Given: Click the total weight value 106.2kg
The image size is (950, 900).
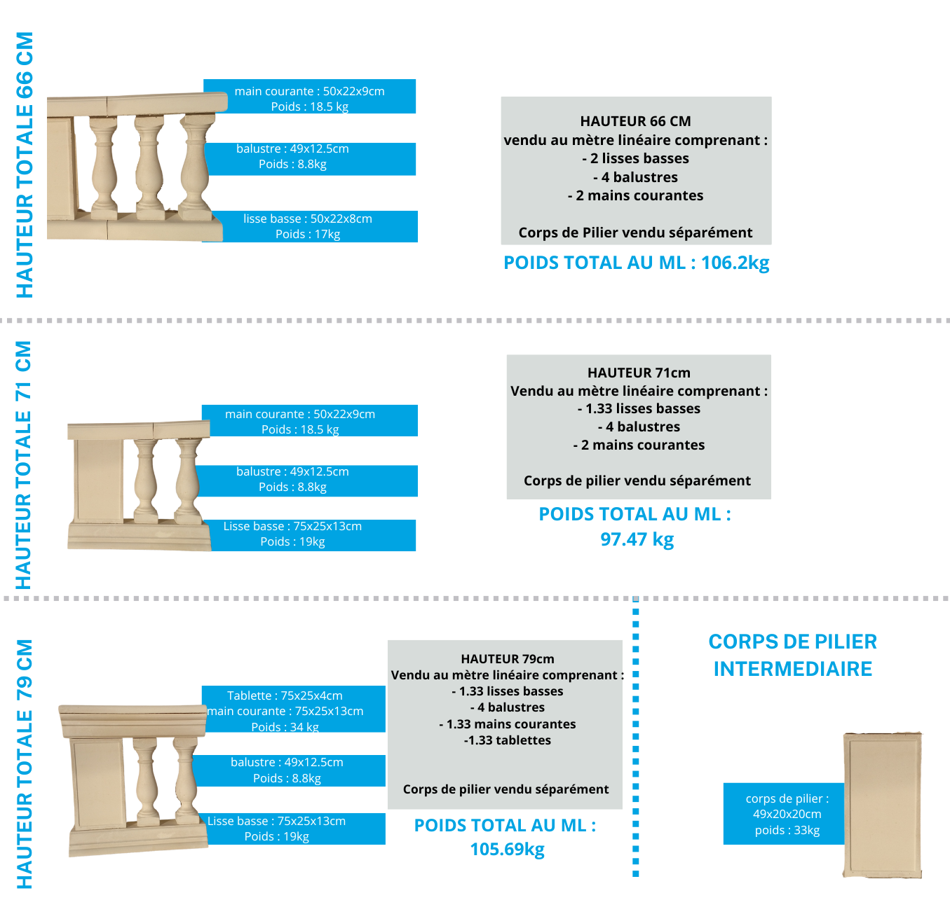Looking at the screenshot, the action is (x=735, y=263).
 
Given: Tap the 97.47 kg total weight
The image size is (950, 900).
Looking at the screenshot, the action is (x=637, y=539).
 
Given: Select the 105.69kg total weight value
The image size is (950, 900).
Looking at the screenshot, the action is (x=508, y=850).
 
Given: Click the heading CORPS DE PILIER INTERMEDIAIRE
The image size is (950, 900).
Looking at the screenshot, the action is (x=792, y=655).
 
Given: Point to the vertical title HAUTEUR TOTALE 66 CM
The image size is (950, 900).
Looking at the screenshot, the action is (x=25, y=165).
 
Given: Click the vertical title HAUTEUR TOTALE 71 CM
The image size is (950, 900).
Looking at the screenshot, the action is (x=24, y=465).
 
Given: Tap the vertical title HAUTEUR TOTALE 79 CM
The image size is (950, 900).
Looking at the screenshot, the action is (x=24, y=764).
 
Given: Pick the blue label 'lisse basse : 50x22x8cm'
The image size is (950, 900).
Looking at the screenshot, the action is (x=308, y=219).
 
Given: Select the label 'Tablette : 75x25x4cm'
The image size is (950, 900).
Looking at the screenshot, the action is (x=285, y=695).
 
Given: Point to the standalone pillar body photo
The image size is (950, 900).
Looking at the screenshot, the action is (x=883, y=805).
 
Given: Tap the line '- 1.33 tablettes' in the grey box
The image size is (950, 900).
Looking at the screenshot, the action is (x=508, y=740).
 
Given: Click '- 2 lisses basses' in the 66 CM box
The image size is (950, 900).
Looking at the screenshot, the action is (x=635, y=158).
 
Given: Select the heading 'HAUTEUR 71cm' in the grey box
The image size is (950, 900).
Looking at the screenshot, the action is (x=639, y=373).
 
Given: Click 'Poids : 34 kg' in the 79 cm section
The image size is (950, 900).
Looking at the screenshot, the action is (x=285, y=727).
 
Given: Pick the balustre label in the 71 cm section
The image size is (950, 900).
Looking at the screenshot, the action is (x=292, y=480).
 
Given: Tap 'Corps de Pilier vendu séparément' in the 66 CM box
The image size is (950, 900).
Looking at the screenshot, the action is (x=635, y=233).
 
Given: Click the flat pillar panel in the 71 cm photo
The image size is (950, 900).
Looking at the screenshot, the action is (x=98, y=481).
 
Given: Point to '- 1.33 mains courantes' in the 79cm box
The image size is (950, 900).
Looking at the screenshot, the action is (x=508, y=724).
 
